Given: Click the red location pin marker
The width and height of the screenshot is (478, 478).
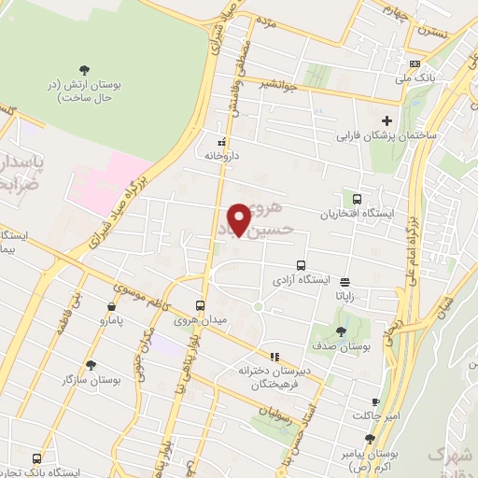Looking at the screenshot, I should click(240, 218).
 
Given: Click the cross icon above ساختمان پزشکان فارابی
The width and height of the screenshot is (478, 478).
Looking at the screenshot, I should click(387, 120).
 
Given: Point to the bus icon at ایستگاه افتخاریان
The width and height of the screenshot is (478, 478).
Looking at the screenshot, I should click(357, 198).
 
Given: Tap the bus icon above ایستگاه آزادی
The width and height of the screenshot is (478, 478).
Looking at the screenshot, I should click(301, 265).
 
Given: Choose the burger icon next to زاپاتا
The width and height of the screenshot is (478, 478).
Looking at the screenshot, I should click(345, 281).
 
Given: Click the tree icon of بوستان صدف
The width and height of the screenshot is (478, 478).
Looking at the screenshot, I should click(340, 330).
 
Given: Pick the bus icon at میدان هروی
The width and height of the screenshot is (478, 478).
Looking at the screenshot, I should click(200, 305).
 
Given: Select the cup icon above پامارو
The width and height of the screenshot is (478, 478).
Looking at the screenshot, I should click(112, 305).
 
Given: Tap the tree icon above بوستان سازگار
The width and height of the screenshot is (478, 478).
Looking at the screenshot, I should click(91, 365).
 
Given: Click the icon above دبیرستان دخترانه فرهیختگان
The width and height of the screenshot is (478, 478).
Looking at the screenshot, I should click(274, 356).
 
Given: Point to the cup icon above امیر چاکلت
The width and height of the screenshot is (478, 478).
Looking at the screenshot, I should click(375, 401).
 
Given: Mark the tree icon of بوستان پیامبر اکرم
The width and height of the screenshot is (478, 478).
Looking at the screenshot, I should click(370, 438).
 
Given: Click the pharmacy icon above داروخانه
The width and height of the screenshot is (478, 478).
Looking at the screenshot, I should click(221, 142).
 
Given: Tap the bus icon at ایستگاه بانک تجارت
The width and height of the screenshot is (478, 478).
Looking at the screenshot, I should click(36, 458).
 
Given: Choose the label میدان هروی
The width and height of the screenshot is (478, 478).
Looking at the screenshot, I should click(200, 321).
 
